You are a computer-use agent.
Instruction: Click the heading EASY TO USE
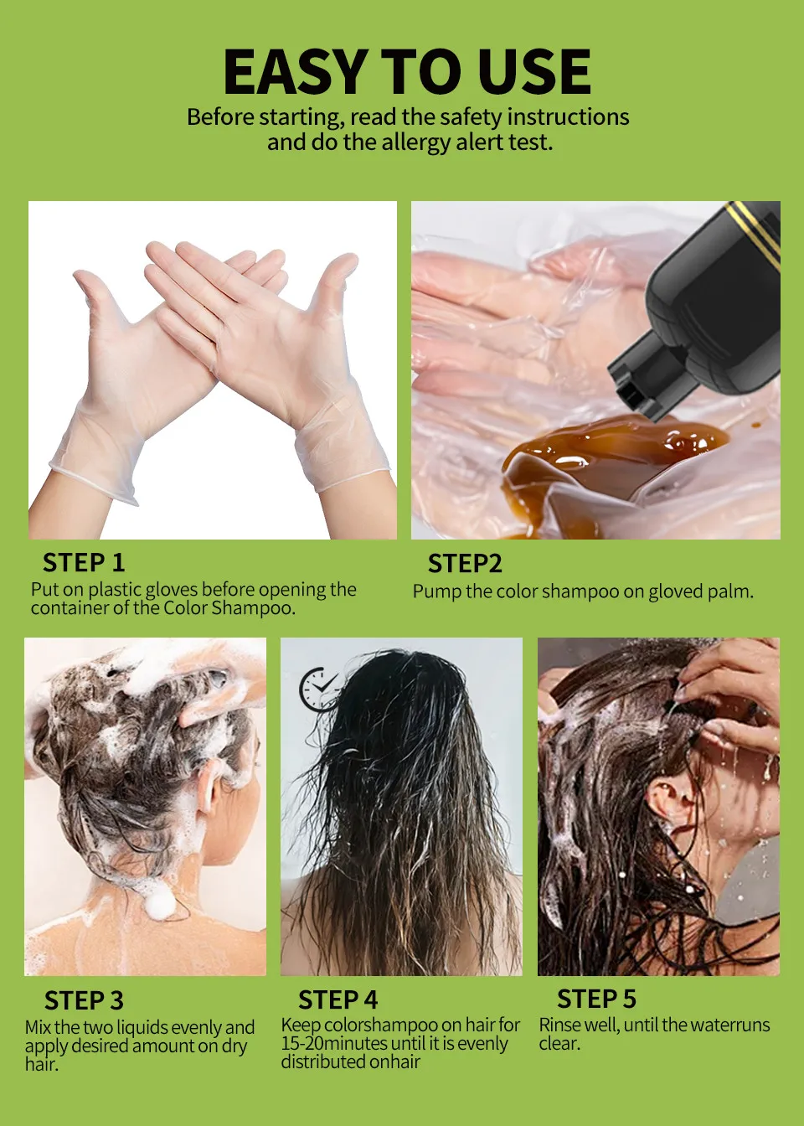tap(407, 71)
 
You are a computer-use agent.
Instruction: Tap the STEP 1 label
tap(84, 562)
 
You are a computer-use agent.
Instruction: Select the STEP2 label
tap(465, 563)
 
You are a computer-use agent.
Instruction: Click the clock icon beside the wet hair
tap(318, 690)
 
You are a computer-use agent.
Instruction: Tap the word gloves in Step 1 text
tap(168, 590)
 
